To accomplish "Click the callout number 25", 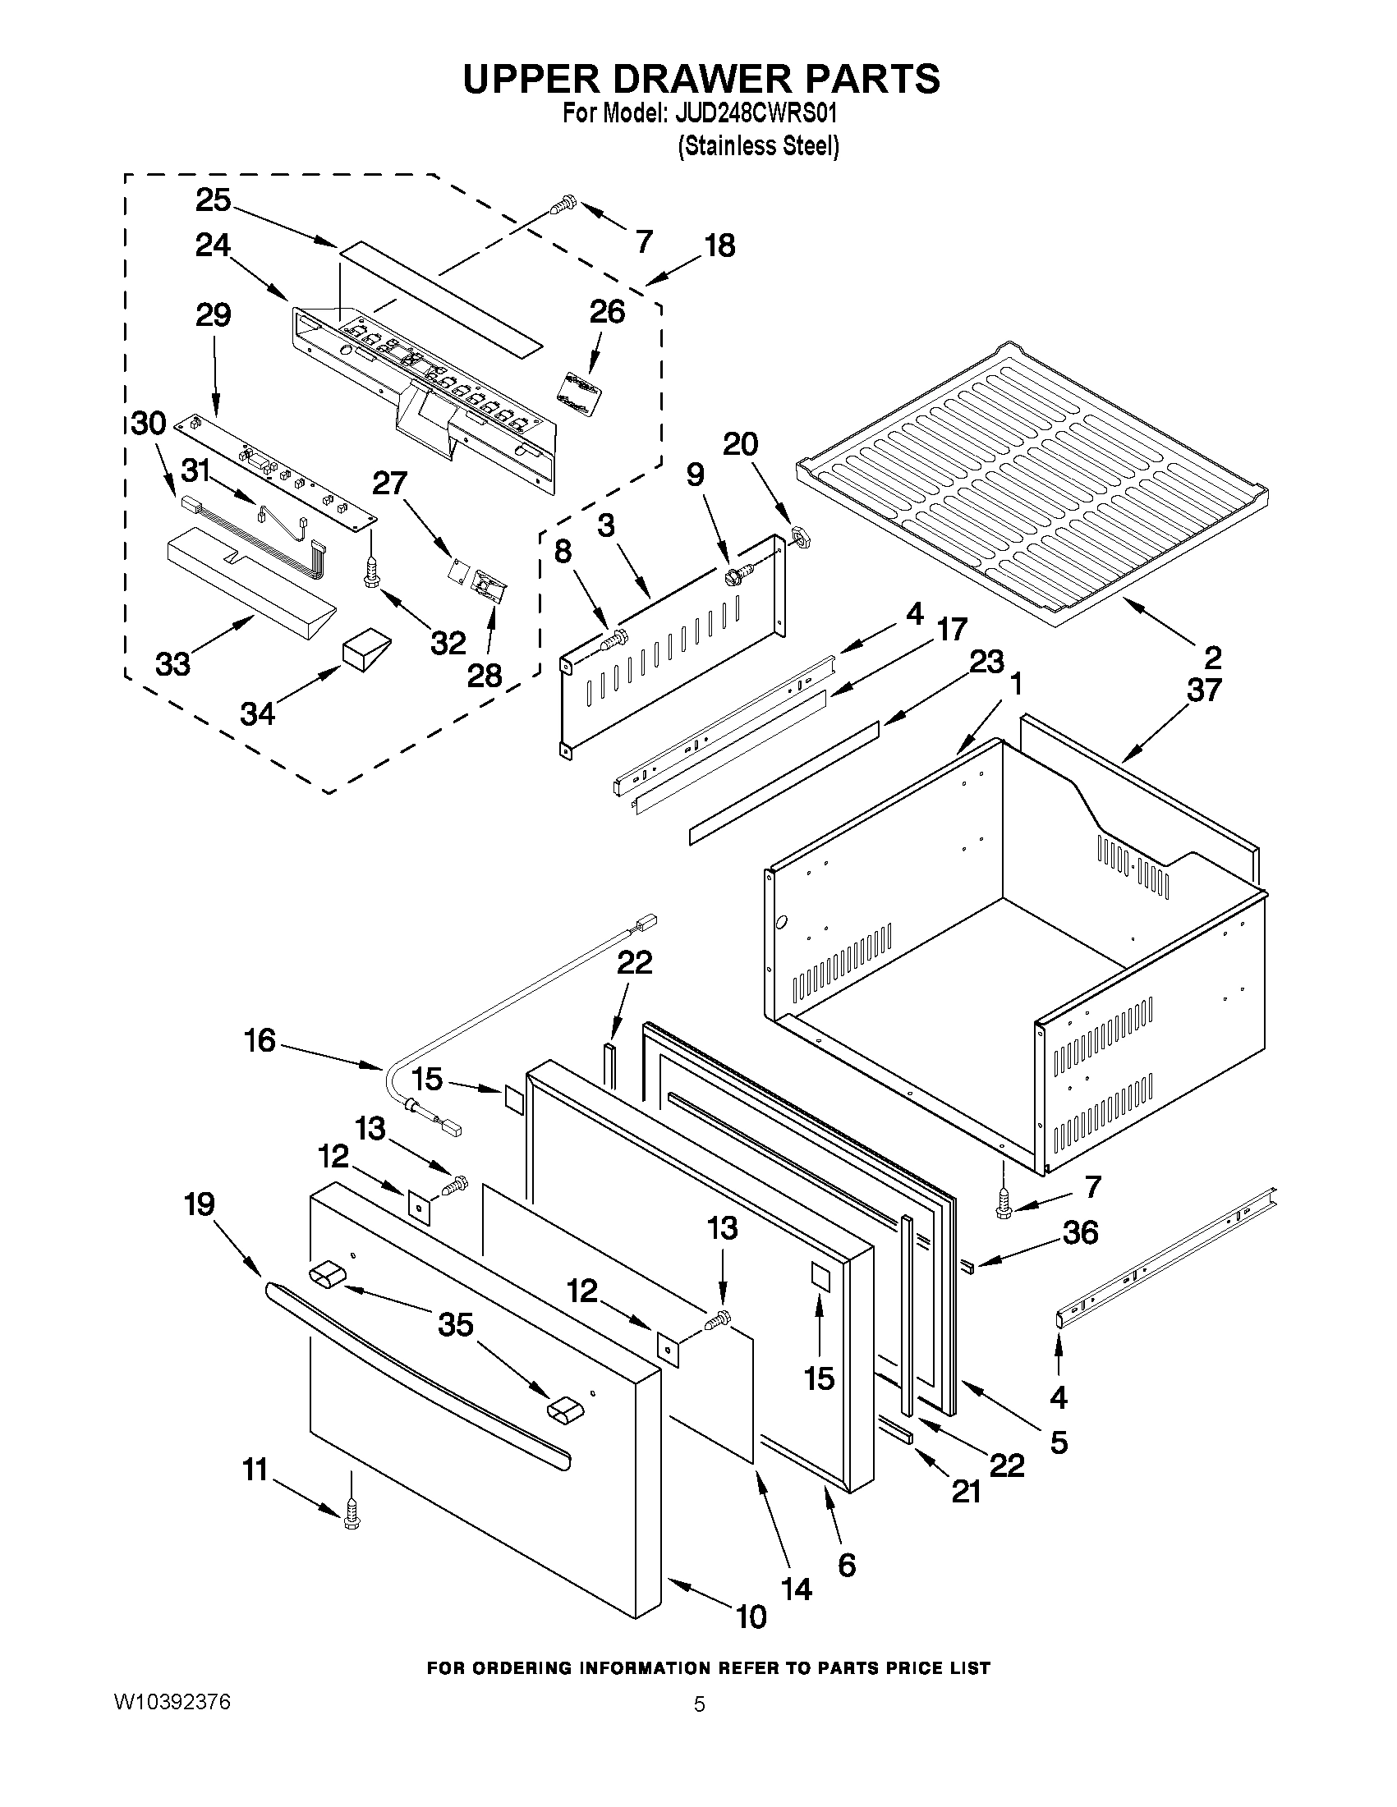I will pos(214,200).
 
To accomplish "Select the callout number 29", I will pos(214,315).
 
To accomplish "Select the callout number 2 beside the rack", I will pos(1212,658).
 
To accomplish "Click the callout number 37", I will pos(1205,689).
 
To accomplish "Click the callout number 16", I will pos(260,1041).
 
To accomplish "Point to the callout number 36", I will pos(1080,1255).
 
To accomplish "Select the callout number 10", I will pos(751,1616).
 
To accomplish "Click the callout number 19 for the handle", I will pos(200,1204).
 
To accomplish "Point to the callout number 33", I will pos(174,663).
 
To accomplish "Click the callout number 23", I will pos(986,662).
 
